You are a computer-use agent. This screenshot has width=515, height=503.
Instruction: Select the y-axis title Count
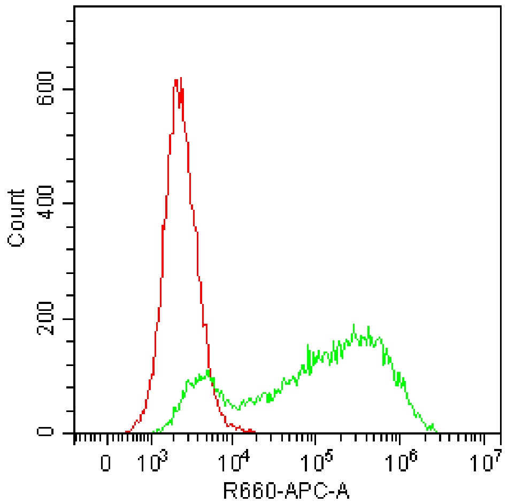17,218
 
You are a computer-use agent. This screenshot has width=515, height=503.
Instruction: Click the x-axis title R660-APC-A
287,490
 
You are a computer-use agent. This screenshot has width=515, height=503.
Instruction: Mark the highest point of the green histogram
353,324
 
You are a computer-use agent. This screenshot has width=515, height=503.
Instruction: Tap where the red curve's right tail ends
255,431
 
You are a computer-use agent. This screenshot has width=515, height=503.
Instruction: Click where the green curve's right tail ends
437,431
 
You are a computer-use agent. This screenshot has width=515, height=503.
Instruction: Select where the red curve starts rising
126,431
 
